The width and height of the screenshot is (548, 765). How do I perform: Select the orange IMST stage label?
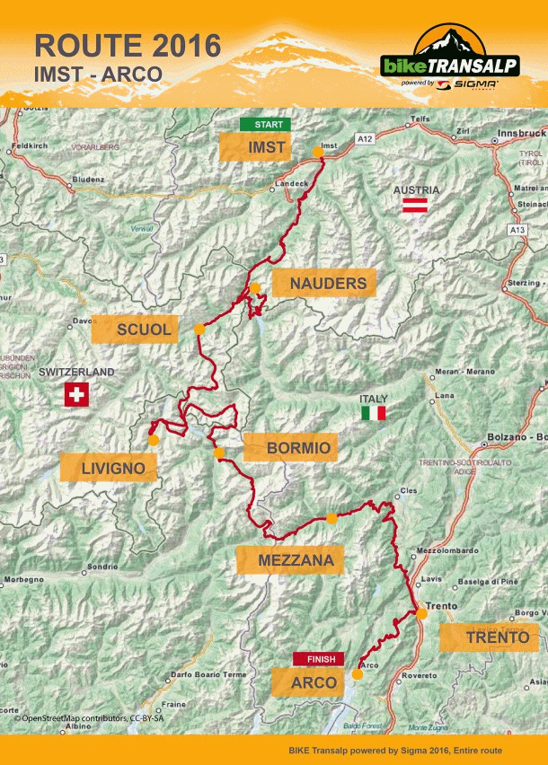254,147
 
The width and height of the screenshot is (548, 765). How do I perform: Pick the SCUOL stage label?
143,330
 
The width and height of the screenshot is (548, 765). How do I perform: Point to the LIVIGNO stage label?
107,467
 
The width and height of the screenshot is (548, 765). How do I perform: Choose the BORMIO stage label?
288,447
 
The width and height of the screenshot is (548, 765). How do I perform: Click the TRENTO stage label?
489,637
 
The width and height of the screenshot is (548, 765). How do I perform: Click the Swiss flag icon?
76,394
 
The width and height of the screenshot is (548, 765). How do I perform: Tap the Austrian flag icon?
414,207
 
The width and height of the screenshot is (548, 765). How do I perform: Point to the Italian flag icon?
373,413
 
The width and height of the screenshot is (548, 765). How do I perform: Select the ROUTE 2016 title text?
127,45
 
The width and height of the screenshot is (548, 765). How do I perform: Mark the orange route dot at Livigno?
154,440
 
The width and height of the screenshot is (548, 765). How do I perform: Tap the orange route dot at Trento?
422,613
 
